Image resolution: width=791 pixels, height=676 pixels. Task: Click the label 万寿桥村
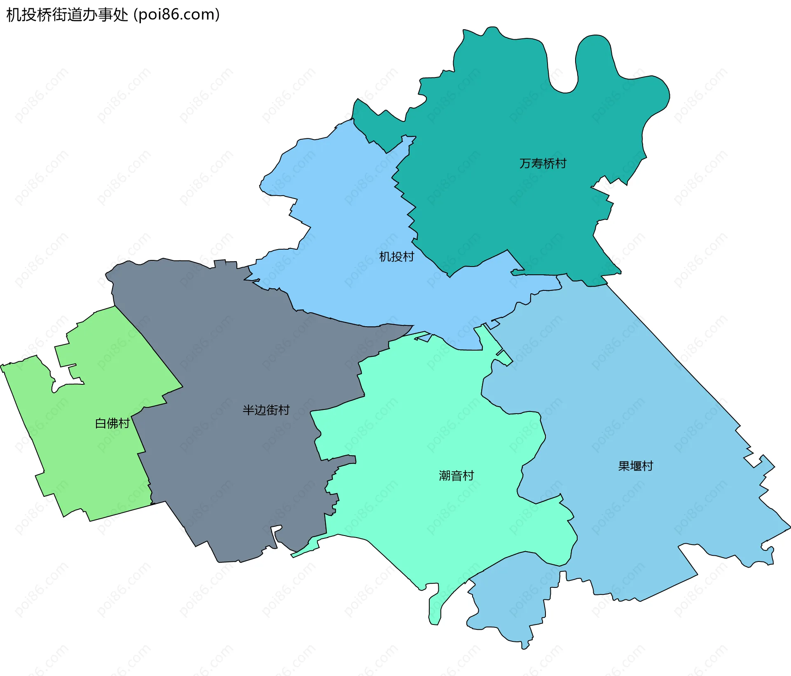pos(543,164)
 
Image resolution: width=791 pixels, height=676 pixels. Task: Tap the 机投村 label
pos(396,257)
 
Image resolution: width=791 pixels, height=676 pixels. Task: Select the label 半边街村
pos(266,410)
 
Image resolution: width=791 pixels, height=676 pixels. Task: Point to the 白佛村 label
pos(112,423)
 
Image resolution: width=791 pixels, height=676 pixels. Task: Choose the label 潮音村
pos(456,476)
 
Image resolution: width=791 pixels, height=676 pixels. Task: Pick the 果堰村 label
pos(635,466)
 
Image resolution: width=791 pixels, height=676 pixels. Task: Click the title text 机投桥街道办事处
pos(67,15)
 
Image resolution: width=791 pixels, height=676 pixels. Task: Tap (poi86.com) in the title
pos(177,15)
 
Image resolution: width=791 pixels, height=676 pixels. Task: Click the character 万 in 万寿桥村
pos(525,164)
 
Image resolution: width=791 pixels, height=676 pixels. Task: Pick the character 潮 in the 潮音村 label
pos(445,476)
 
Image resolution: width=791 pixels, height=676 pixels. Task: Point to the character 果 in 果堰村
pos(624,466)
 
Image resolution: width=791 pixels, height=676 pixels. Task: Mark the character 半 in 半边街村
pos(248,410)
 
